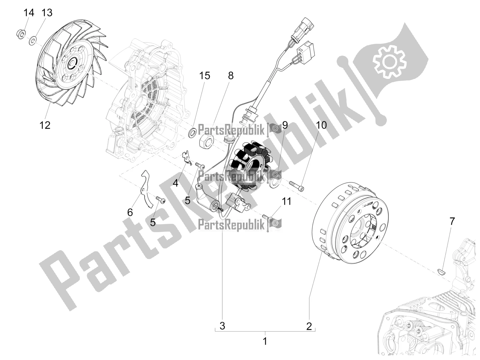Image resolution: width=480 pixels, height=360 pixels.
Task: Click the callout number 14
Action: [29, 13]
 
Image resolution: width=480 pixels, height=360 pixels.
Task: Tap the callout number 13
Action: [47, 13]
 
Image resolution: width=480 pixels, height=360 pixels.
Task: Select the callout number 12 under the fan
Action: [45, 125]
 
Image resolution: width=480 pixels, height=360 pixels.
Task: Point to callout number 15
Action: [205, 76]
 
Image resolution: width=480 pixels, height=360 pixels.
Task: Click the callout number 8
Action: [230, 76]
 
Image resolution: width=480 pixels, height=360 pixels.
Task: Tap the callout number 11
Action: [287, 201]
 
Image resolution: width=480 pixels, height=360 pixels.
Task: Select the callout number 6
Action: [130, 212]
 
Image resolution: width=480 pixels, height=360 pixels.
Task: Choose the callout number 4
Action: [175, 182]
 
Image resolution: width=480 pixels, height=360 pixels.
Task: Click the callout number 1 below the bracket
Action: [265, 341]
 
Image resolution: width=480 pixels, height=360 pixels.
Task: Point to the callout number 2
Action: [309, 326]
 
